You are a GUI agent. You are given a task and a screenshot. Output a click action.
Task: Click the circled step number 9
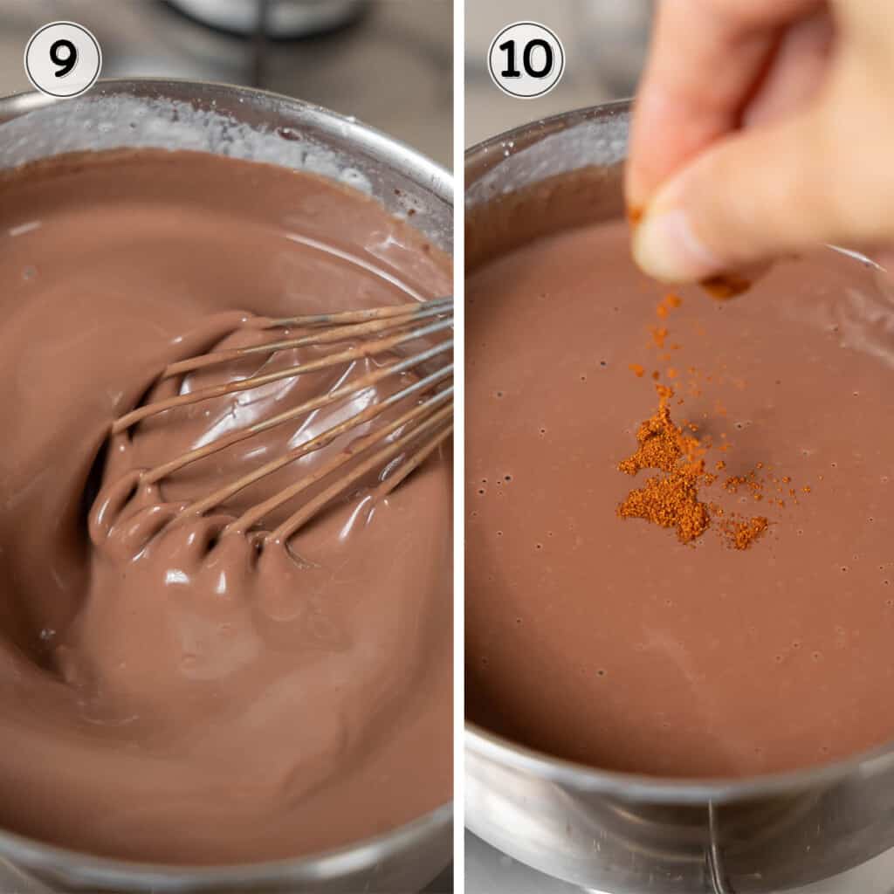63,59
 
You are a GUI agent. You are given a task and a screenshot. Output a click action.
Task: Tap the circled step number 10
526,59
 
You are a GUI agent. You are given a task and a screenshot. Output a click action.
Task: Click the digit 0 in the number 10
538,59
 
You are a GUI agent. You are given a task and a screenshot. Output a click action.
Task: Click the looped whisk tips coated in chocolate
175,524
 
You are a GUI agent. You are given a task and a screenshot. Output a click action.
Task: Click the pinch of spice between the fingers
725,284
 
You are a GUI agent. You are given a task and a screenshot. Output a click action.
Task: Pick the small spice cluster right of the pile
746,531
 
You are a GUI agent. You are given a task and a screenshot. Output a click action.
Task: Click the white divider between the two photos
458,447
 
